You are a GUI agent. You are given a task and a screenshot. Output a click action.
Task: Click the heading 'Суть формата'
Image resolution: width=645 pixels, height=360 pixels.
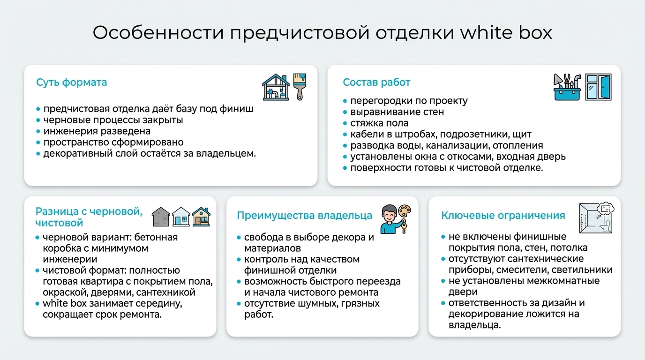click(71, 82)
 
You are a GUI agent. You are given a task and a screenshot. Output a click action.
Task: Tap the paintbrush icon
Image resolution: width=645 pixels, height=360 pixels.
click(299, 86)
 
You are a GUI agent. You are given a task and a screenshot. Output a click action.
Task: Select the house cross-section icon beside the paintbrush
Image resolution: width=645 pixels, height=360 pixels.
click(276, 87)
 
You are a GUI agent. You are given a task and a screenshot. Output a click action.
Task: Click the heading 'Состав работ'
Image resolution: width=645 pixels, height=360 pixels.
click(376, 82)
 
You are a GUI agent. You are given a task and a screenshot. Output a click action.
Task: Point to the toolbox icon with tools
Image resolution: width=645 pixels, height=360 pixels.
click(567, 87)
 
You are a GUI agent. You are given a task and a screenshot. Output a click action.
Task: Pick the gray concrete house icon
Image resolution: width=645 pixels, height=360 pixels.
click(161, 217)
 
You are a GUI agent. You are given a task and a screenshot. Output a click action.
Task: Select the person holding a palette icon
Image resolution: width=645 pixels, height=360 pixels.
click(396, 219)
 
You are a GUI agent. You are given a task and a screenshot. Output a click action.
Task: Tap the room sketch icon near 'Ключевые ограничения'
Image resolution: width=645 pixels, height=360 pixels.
click(597, 218)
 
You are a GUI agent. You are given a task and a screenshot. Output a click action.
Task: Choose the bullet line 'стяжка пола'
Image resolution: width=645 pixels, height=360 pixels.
click(379, 123)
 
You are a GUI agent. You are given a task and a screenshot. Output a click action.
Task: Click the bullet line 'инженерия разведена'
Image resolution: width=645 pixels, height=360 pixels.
click(97, 131)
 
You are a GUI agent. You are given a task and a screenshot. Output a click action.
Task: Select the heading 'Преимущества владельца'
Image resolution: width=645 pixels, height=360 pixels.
click(304, 216)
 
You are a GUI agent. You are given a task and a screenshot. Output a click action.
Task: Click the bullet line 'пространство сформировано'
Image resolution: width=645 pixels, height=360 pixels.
click(113, 142)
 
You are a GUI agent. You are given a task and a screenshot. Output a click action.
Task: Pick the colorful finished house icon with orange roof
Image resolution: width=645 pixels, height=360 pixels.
click(201, 217)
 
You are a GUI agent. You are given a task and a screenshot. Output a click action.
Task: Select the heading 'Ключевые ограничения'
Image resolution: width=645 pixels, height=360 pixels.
click(503, 216)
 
